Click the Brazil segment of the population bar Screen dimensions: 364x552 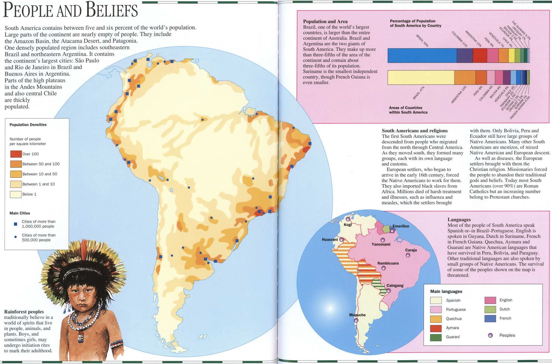pyautogui.click(x=422, y=55)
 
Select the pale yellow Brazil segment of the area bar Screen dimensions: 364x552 pyautogui.click(x=421, y=77)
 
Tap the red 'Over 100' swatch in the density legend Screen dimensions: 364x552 pyautogui.click(x=16, y=154)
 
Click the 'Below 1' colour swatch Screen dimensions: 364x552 pyautogui.click(x=16, y=194)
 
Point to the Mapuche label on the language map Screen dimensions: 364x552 pyautogui.click(x=357, y=315)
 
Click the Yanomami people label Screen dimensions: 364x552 pyautogui.click(x=381, y=244)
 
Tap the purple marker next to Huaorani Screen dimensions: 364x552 pyautogui.click(x=342, y=240)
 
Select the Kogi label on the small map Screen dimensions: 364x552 pyautogui.click(x=348, y=225)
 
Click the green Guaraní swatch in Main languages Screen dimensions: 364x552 pyautogui.click(x=436, y=337)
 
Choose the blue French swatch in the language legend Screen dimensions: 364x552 pyautogui.click(x=490, y=318)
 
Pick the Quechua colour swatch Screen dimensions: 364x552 pyautogui.click(x=436, y=319)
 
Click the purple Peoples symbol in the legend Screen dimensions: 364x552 pyautogui.click(x=490, y=335)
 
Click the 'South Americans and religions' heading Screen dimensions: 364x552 pyautogui.click(x=415, y=131)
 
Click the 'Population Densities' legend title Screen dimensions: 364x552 pyautogui.click(x=28, y=125)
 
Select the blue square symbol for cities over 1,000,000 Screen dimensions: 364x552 pyautogui.click(x=16, y=224)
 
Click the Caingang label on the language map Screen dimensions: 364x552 pyautogui.click(x=395, y=285)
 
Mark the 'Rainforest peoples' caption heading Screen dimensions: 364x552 pyautogui.click(x=24, y=312)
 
